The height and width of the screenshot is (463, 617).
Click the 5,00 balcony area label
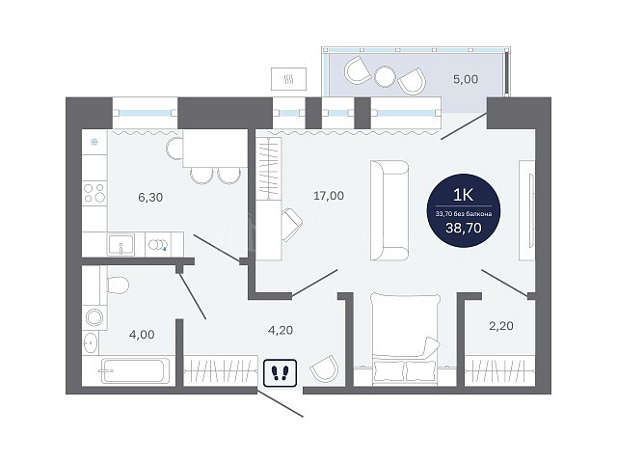[x=466, y=79]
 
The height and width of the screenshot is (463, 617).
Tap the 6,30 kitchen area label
[x=150, y=197]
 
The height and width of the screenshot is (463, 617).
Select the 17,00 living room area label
[x=329, y=195]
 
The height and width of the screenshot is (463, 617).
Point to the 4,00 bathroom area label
[x=142, y=335]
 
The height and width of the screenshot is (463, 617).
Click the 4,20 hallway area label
[x=281, y=330]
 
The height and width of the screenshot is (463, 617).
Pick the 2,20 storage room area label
[x=501, y=326]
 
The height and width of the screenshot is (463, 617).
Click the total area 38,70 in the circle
[x=464, y=228]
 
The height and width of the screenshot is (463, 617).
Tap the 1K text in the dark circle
[x=464, y=195]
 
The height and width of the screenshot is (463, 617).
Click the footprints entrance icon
[x=280, y=372]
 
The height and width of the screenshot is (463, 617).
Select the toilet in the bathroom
[x=118, y=285]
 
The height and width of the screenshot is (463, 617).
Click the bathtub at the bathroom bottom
[x=132, y=370]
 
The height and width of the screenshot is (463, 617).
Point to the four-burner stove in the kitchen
[x=94, y=193]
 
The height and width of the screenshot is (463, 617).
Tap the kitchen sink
[x=121, y=244]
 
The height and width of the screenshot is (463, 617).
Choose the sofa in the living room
[x=389, y=210]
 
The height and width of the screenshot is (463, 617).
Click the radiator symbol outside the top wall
[x=289, y=79]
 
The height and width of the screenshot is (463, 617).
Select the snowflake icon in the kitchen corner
[x=94, y=142]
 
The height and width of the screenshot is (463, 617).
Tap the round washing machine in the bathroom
[x=94, y=316]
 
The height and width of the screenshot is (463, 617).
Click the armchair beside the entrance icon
[x=324, y=368]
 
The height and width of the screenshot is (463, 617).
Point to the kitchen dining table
[x=215, y=149]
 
